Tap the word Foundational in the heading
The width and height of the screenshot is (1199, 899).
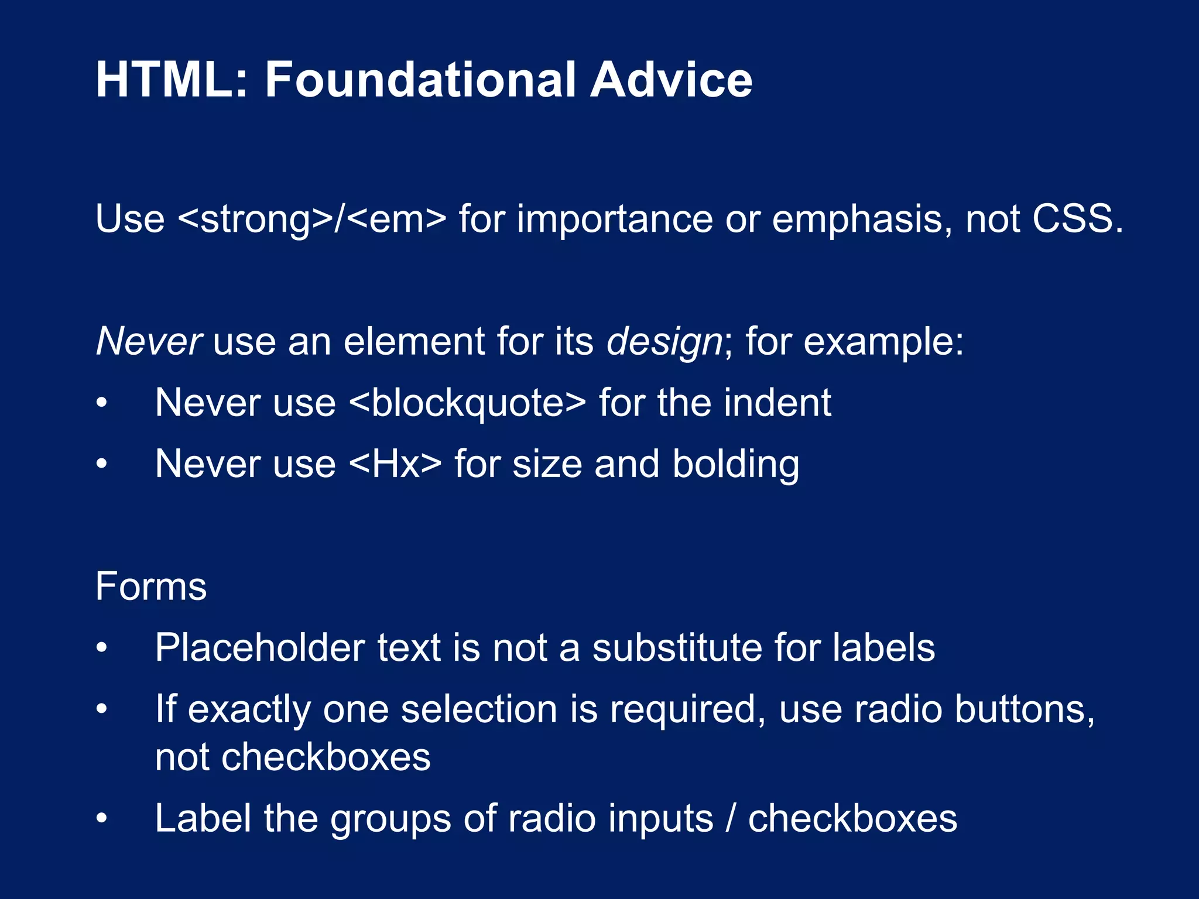[x=419, y=80]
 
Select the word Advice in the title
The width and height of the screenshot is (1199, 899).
[x=671, y=80]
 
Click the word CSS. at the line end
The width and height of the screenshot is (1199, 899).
[x=1077, y=219]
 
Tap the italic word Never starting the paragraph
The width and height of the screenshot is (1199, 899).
[x=149, y=342]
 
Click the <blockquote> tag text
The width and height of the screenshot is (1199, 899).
[x=467, y=404]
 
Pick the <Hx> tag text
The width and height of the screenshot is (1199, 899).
[x=395, y=464]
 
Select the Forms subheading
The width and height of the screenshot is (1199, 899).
[x=151, y=586]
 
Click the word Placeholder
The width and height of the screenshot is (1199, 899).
[x=260, y=648]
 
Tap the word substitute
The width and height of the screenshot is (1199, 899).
[x=676, y=648]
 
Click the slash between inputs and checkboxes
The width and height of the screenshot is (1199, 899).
[x=730, y=818]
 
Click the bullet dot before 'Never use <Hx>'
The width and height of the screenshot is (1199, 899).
[x=102, y=465]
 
